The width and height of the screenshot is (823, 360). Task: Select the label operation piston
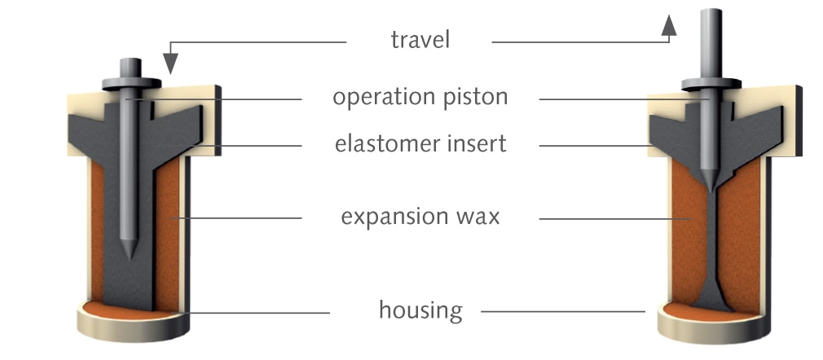coord(420,97)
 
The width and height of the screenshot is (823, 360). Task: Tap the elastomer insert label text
coord(420,144)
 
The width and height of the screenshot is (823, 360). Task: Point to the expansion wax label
coord(420,217)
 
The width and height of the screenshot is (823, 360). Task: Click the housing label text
coord(420,310)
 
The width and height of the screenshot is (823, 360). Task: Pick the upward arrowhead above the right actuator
coord(669,25)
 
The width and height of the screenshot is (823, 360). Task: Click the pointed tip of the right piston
coord(710,187)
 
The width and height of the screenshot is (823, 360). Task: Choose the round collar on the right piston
coord(710,83)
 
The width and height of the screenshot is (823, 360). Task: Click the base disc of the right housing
coord(709,330)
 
